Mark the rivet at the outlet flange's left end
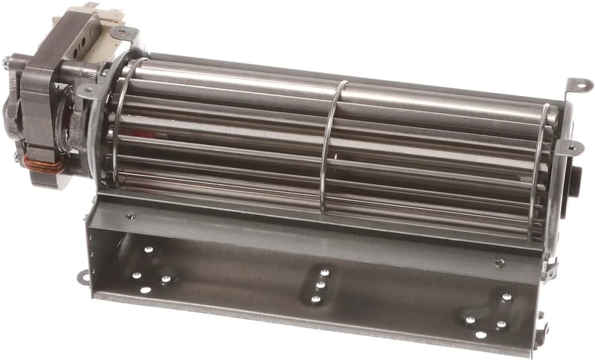(130, 216)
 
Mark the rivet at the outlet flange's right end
(500, 262)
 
